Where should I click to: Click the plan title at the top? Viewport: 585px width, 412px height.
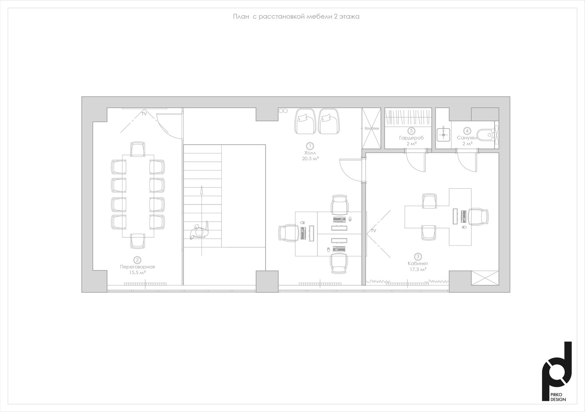[296, 17]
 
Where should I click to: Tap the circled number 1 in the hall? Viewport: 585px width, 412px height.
[310, 146]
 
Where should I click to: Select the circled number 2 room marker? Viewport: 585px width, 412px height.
[137, 260]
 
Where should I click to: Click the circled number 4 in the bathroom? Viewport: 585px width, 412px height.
[467, 130]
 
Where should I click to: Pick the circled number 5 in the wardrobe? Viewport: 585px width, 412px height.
[411, 130]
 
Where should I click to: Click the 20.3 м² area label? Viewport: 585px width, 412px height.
[310, 158]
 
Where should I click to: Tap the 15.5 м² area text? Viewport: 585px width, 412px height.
[137, 272]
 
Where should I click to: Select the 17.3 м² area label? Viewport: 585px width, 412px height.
[418, 269]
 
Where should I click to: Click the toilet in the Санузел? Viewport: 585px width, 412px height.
[486, 135]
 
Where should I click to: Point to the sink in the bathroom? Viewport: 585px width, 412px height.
[443, 135]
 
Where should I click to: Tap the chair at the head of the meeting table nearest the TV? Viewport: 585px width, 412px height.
[138, 149]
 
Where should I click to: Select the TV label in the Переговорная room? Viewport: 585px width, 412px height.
[144, 114]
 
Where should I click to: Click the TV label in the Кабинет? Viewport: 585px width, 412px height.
[374, 231]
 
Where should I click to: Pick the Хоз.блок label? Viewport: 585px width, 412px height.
[372, 129]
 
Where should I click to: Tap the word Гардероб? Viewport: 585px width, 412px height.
[411, 138]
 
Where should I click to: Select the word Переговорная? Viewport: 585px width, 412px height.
[137, 267]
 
